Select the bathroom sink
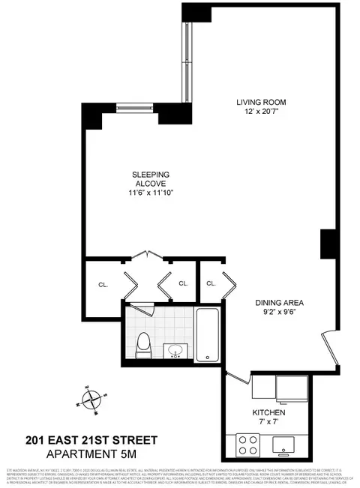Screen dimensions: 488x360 pos(175,350)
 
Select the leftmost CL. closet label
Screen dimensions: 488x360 pos(103,284)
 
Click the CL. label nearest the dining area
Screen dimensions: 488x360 pos(211,283)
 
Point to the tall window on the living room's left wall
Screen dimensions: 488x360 pos(187,59)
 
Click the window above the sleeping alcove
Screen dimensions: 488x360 pos(136,105)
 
